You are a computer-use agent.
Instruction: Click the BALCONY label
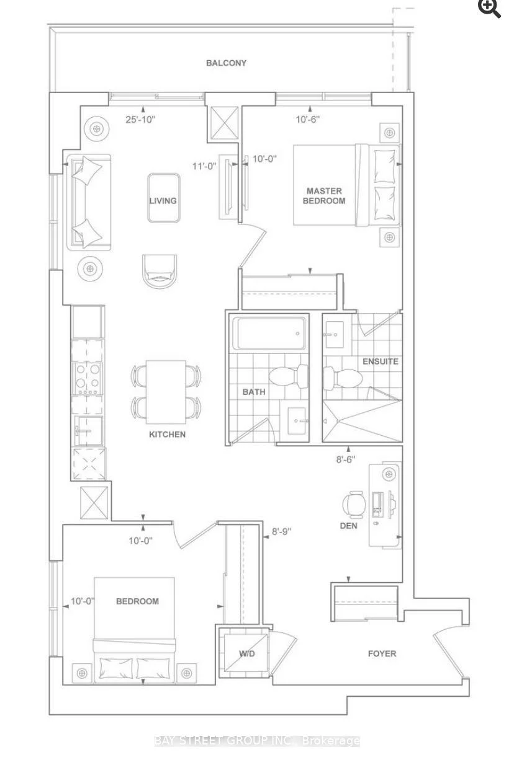[x=227, y=63]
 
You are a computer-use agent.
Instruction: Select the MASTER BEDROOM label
[x=324, y=196]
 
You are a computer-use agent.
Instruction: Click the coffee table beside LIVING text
[x=164, y=198]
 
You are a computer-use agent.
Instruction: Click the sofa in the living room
[x=88, y=201]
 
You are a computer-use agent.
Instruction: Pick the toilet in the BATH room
[x=291, y=375]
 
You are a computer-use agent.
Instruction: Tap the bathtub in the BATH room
[x=268, y=335]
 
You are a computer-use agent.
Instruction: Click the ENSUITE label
[x=380, y=361]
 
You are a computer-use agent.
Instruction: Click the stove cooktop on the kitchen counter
[x=88, y=379]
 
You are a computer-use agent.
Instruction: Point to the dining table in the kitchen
[x=166, y=392]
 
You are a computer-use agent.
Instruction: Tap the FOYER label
[x=381, y=653]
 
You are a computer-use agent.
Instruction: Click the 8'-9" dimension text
[x=281, y=531]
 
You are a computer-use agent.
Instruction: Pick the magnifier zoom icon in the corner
[x=489, y=8]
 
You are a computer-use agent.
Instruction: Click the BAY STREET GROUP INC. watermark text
[x=257, y=741]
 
